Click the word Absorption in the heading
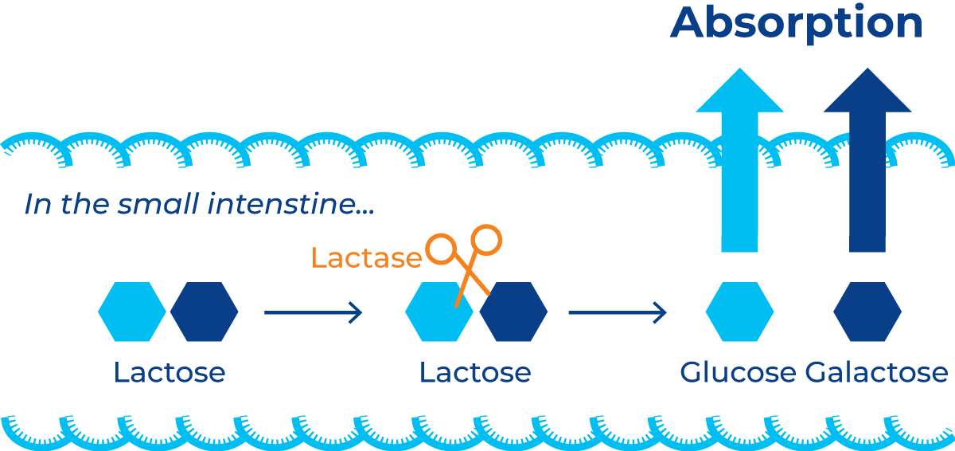point(797,23)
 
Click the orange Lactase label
point(366,258)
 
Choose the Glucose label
point(738,372)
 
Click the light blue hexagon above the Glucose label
point(739,312)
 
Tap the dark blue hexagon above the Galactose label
point(867,312)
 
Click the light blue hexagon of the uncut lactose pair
point(131,312)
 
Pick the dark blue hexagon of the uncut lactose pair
point(205,312)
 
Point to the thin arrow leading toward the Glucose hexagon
point(617,312)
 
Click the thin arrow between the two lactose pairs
point(313,312)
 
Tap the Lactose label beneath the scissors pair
point(475,372)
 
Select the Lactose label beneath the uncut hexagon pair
point(170,372)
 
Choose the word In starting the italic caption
point(37,206)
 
